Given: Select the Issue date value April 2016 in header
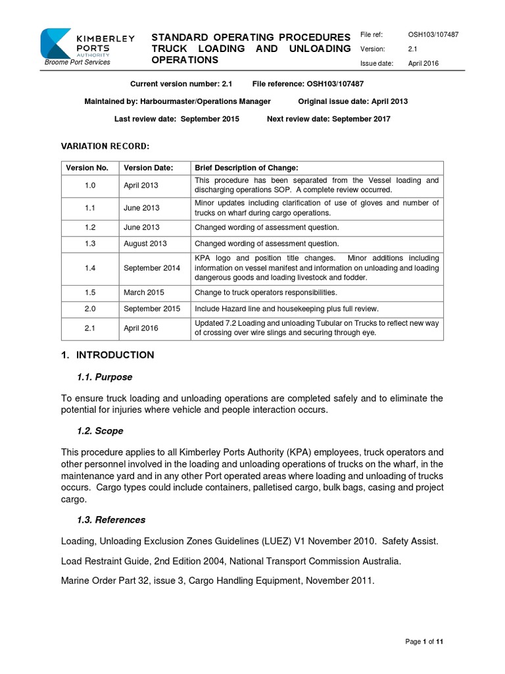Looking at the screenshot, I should pos(423,64).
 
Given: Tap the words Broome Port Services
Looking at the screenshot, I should pos(77,63).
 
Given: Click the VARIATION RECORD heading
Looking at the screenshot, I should pos(105,145).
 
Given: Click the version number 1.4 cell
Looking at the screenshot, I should pos(90,268).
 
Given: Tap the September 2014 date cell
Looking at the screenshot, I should pos(151,268).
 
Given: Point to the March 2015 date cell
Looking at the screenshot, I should pos(144,292).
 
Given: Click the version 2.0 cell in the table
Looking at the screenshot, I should pos(90,309).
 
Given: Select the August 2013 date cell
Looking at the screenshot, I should pos(145,244).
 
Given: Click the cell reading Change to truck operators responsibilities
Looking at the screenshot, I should pos(264,292).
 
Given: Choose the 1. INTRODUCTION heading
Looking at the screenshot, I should pos(107,355).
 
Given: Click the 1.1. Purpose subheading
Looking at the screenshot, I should pos(105,377).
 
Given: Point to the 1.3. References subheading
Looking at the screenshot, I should pos(111,520).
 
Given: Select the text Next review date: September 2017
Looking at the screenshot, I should pos(328,119).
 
